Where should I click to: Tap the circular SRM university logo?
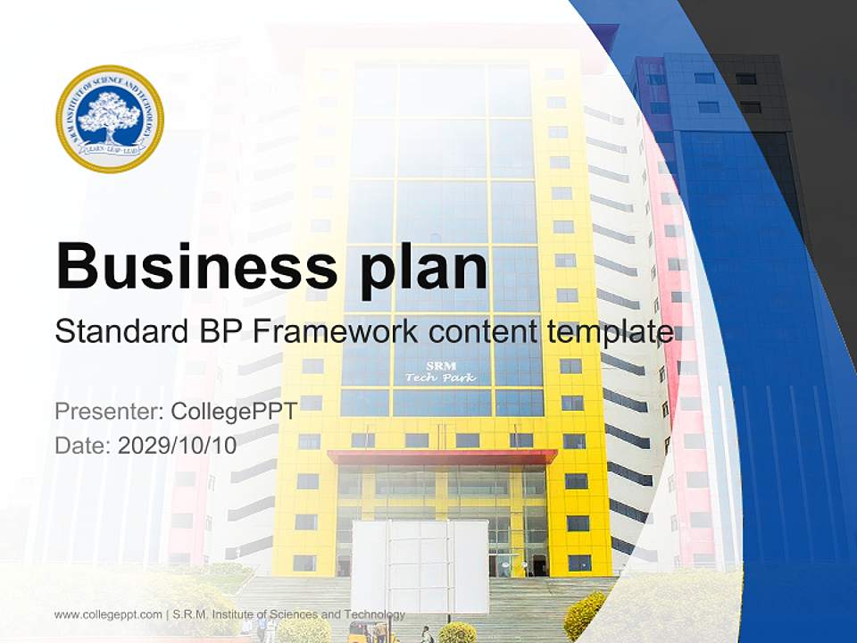pyautogui.click(x=110, y=119)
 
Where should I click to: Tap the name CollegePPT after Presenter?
pyautogui.click(x=232, y=412)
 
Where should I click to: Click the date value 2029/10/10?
pyautogui.click(x=178, y=446)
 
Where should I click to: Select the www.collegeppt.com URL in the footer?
pyautogui.click(x=108, y=614)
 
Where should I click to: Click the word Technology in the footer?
pyautogui.click(x=374, y=614)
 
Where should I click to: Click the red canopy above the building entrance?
pyautogui.click(x=442, y=456)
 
